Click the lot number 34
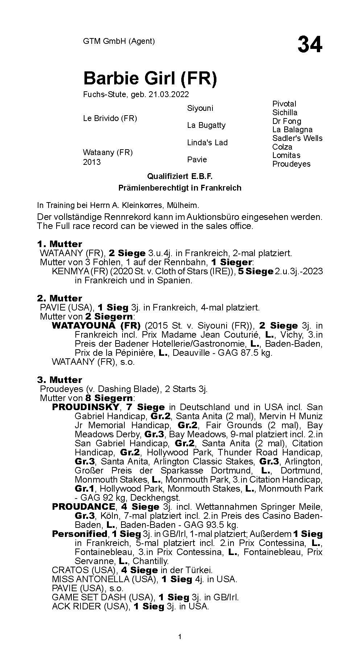(x=310, y=45)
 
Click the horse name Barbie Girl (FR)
(x=150, y=78)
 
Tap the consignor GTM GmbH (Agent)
(x=119, y=41)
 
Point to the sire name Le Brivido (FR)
(x=110, y=118)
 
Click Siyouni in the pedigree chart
(x=200, y=108)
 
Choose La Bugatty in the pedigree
(x=206, y=125)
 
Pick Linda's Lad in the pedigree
(x=207, y=142)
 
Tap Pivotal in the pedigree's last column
(x=284, y=104)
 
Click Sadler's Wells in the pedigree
(x=297, y=138)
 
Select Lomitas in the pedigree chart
(x=286, y=155)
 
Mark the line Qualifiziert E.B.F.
(x=179, y=176)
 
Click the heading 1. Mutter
(x=59, y=244)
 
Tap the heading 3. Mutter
(x=59, y=380)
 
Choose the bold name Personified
(x=79, y=534)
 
